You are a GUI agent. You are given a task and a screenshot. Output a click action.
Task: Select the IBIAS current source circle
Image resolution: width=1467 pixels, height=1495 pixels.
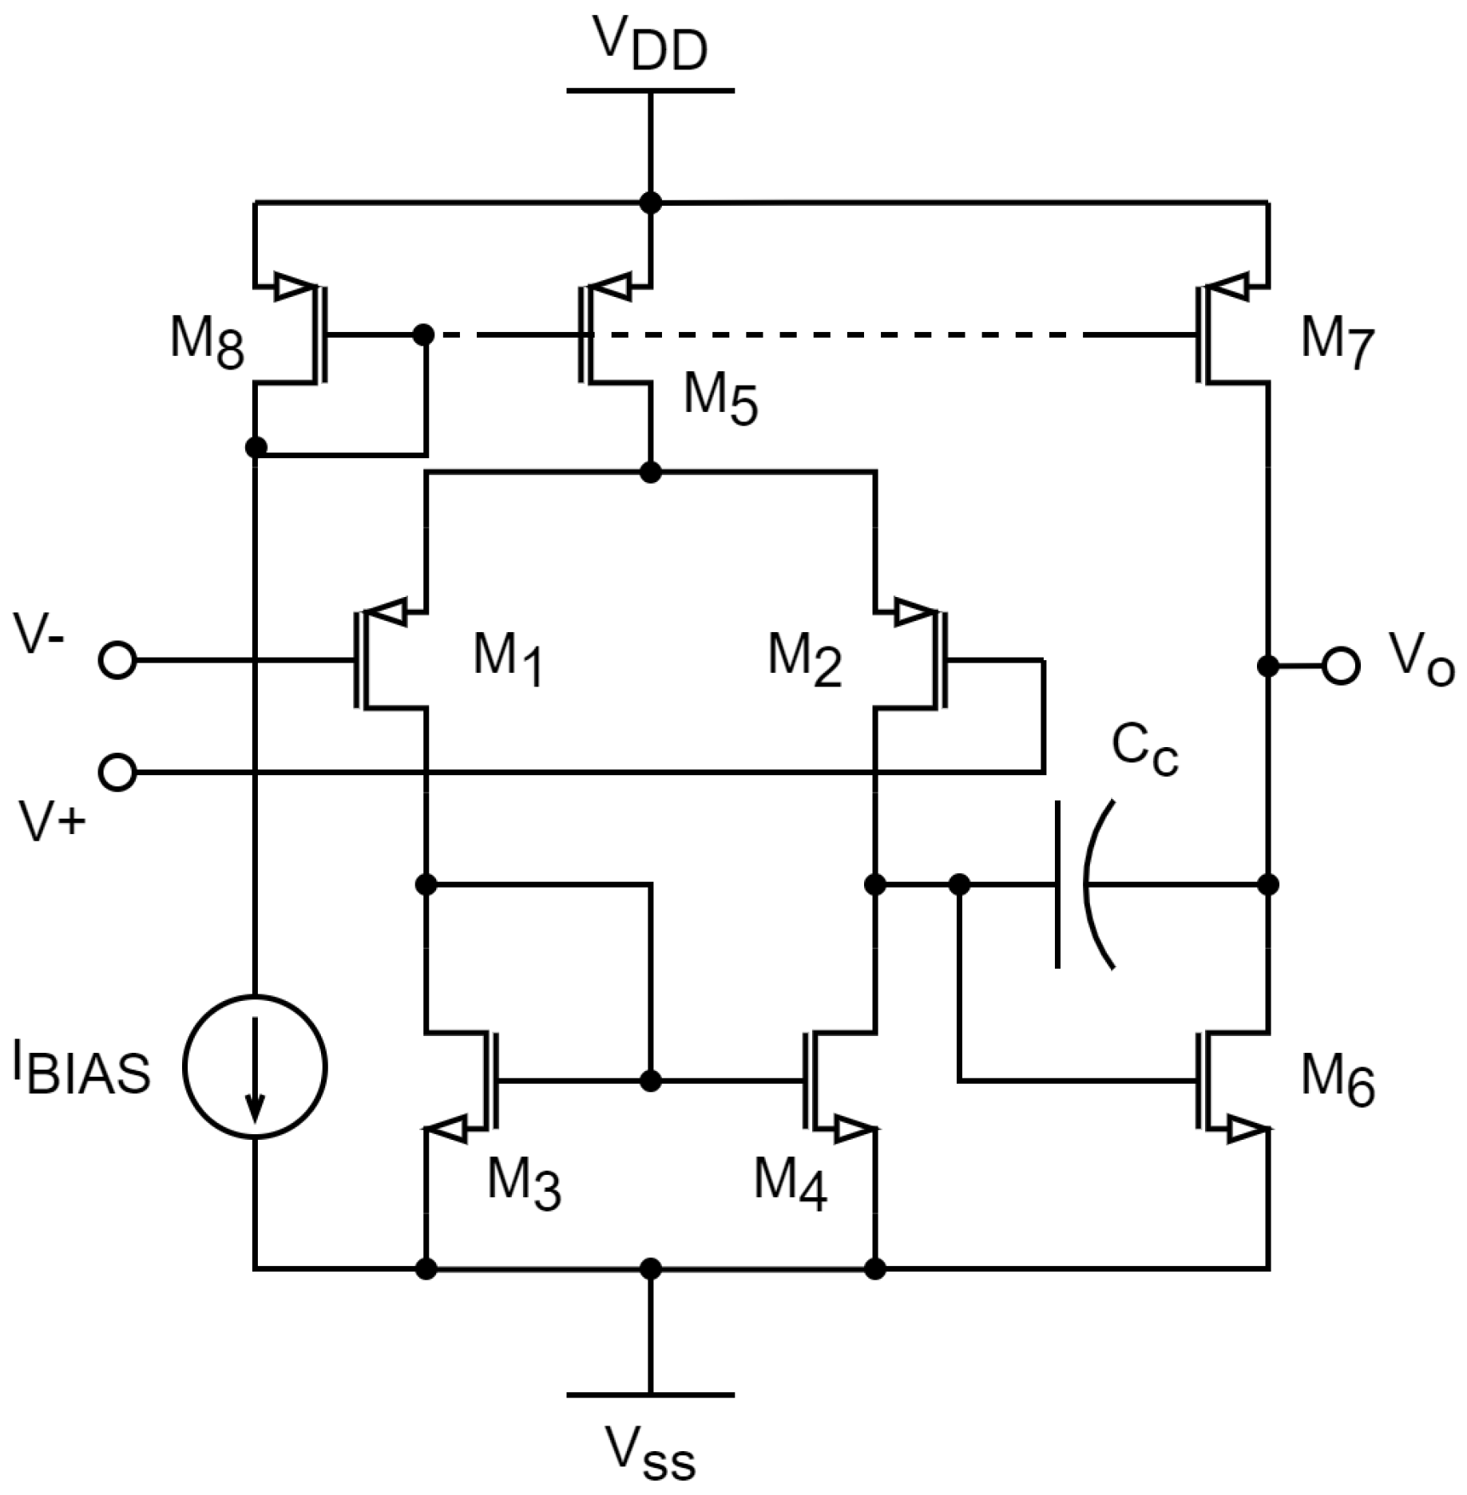[x=255, y=1066]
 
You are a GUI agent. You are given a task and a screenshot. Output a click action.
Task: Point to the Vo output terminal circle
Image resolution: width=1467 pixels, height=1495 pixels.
[x=1341, y=665]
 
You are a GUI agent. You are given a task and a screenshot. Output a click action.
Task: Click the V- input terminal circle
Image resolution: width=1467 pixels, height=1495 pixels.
[x=117, y=661]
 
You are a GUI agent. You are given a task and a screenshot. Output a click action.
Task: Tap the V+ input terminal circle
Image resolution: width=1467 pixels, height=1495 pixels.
[x=117, y=772]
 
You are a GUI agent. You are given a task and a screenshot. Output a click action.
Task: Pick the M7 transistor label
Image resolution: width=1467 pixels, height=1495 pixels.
[x=1338, y=342]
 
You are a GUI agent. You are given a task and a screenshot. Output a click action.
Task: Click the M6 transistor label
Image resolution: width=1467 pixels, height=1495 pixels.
[x=1338, y=1079]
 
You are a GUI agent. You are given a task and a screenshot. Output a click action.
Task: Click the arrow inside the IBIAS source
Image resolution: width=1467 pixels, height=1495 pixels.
[x=255, y=1070]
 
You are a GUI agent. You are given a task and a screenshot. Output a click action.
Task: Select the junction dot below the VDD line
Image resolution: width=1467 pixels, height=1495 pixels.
[x=651, y=203]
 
